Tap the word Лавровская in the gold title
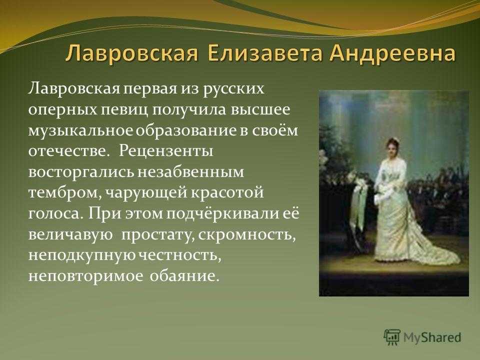click(x=131, y=54)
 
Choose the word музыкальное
click(x=81, y=130)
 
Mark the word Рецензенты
click(x=165, y=150)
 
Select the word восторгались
click(x=81, y=172)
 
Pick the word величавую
click(x=70, y=235)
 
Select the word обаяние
click(x=184, y=276)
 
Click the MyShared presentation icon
click(x=392, y=337)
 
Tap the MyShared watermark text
click(x=432, y=337)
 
